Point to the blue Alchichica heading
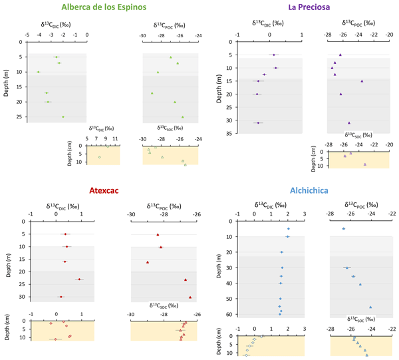point(304,191)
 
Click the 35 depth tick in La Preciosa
point(228,134)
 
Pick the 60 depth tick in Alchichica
point(228,314)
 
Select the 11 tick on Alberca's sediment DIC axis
point(115,138)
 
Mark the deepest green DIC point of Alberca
point(63,117)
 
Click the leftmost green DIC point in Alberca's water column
point(38,72)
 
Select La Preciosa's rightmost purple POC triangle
point(362,81)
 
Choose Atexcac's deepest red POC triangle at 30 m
point(190,297)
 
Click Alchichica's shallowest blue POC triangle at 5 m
point(343,229)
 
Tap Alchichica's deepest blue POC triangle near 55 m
point(370,307)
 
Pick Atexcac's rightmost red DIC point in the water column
point(79,279)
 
